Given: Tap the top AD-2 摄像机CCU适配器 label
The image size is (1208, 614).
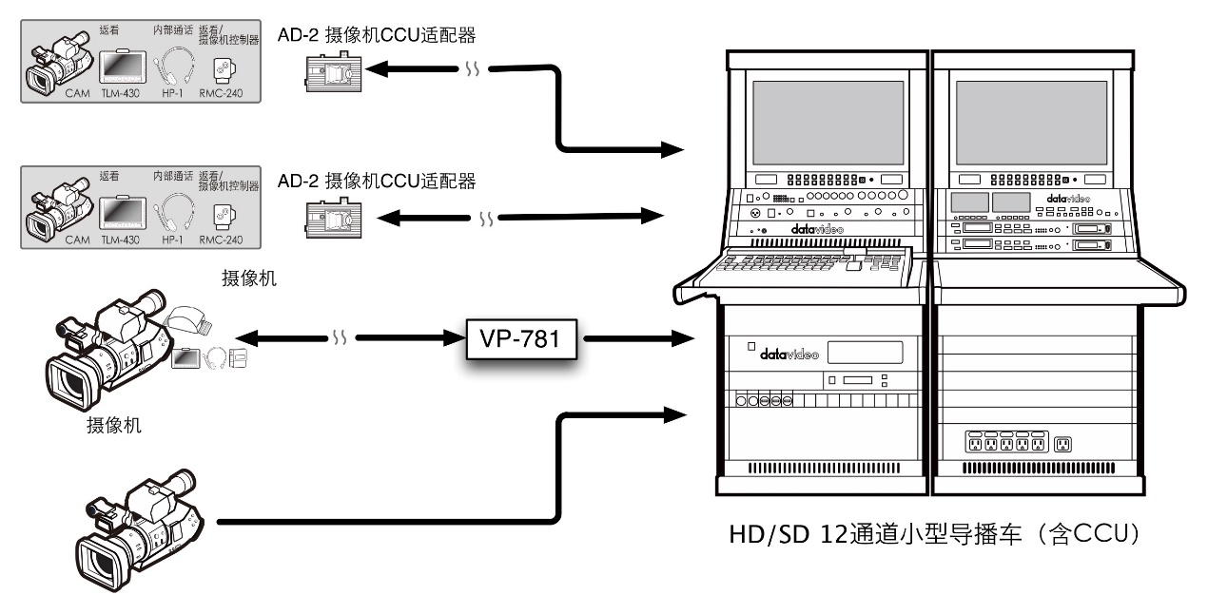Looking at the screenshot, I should [x=375, y=36].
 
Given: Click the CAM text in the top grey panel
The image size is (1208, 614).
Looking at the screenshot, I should [x=78, y=95].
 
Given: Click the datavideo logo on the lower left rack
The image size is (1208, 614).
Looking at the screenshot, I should [x=782, y=354].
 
